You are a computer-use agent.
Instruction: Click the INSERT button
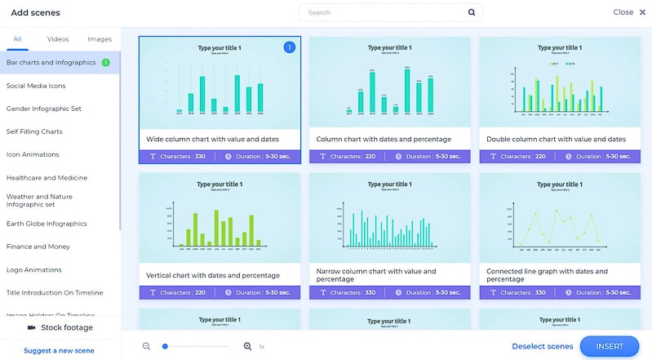tap(610, 346)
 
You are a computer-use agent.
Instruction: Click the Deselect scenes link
tap(542, 346)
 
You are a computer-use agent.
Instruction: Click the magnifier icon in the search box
tap(472, 13)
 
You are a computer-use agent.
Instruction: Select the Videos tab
tap(58, 38)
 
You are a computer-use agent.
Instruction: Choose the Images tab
tap(100, 38)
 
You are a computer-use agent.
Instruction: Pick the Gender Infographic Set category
tap(44, 108)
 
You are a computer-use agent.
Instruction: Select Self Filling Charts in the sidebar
tap(34, 131)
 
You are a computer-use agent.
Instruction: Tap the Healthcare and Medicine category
tap(47, 177)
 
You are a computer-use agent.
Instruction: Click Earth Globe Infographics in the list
tap(47, 223)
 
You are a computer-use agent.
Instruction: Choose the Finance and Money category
tap(38, 246)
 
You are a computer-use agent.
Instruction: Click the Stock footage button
tap(60, 327)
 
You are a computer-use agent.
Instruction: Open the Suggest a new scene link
tap(59, 350)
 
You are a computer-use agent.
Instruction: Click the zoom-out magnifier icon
tap(147, 346)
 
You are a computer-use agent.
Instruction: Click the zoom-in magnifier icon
tap(248, 346)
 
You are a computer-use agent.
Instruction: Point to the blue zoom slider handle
tap(165, 346)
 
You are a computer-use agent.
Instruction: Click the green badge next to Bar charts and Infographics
tap(105, 62)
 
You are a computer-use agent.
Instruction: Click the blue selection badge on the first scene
tap(289, 47)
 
